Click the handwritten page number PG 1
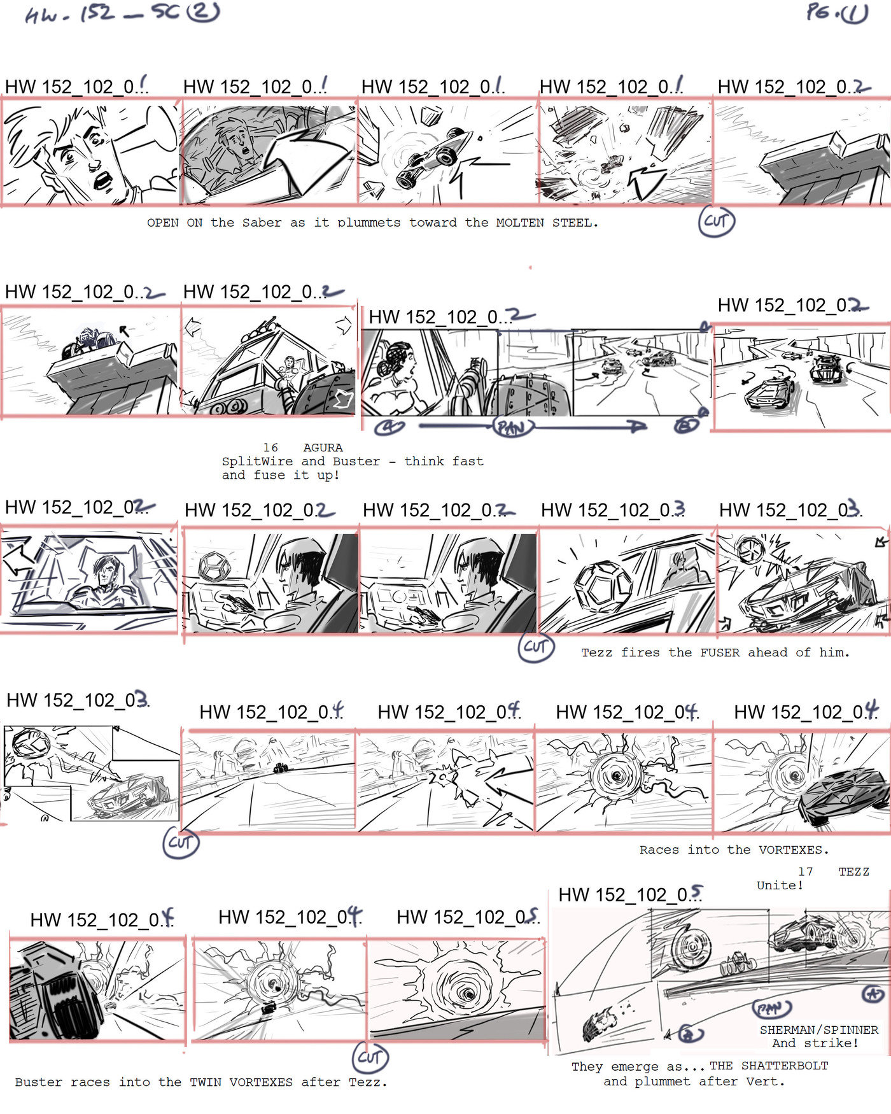(x=836, y=13)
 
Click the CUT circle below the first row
(x=716, y=222)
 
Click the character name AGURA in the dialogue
(x=323, y=448)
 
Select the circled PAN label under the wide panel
(x=513, y=427)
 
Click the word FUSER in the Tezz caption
(x=720, y=652)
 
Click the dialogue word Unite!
(x=780, y=885)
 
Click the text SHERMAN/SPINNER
(x=818, y=1030)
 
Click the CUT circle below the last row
(x=370, y=1057)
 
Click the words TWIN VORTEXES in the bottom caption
(x=242, y=1082)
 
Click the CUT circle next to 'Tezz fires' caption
(x=536, y=647)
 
